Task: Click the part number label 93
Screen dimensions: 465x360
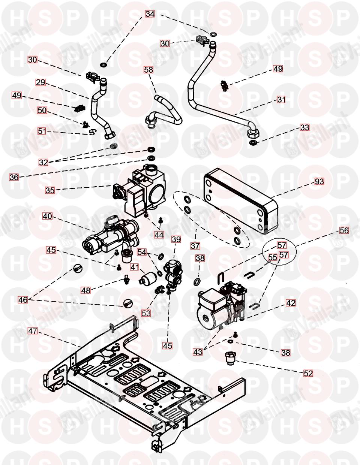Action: [319, 181]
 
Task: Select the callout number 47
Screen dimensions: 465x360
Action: [33, 331]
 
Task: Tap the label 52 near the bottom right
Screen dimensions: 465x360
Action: [308, 373]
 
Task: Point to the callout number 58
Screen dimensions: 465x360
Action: [149, 70]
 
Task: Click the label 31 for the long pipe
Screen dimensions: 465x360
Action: [281, 100]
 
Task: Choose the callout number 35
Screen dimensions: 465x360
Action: [50, 190]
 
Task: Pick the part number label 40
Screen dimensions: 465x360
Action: [47, 216]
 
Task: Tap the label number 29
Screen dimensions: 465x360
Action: [40, 82]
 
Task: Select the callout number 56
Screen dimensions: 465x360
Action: [344, 231]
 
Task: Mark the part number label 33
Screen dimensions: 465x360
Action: [304, 127]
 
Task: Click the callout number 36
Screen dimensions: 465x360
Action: [14, 177]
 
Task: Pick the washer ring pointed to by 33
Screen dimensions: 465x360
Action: [253, 142]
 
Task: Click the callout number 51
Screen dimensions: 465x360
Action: [42, 131]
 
